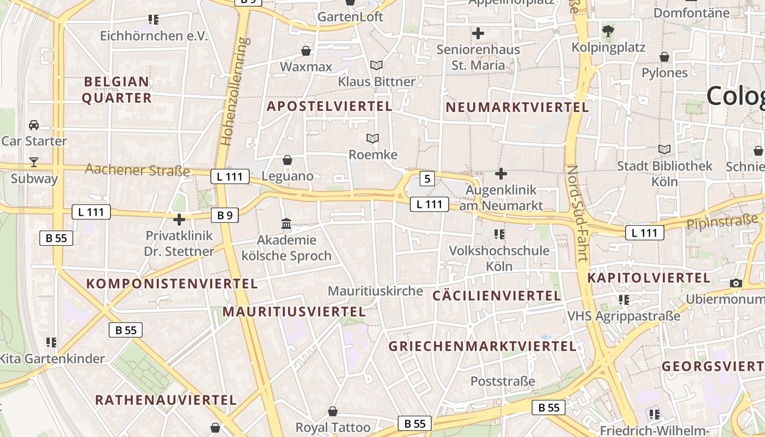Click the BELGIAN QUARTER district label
click(x=116, y=90)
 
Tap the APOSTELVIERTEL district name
click(x=329, y=106)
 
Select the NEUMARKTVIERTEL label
click(x=517, y=107)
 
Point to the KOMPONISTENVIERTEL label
click(x=172, y=284)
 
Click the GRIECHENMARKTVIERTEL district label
click(x=482, y=346)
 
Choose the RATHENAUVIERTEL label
click(x=166, y=400)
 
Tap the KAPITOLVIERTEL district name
click(x=649, y=278)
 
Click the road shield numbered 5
click(x=427, y=178)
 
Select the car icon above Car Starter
click(x=34, y=125)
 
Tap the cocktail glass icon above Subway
click(x=34, y=162)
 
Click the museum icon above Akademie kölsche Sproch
click(x=286, y=224)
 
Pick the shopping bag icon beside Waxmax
click(x=306, y=51)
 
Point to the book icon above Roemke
click(x=373, y=139)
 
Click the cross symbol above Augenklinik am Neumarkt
click(x=501, y=174)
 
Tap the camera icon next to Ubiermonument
click(x=735, y=283)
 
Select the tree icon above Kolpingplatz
click(x=608, y=31)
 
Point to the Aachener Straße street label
click(x=137, y=170)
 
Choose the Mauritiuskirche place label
click(x=375, y=291)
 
